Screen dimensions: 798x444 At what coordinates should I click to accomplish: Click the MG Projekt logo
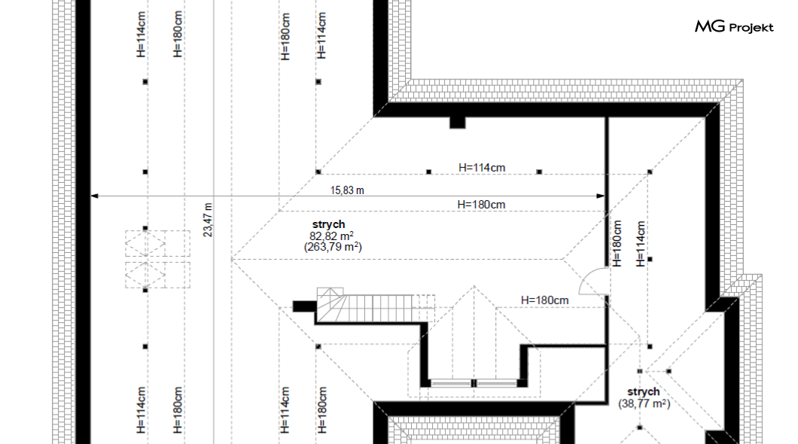pos(734,26)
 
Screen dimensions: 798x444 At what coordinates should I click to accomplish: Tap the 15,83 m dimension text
pos(347,190)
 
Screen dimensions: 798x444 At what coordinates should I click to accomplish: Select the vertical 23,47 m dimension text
pos(208,220)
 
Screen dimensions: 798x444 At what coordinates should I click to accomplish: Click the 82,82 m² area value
pos(331,236)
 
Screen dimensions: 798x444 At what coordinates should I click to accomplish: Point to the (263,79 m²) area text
pos(333,247)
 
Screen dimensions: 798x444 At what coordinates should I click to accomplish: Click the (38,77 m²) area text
pos(644,404)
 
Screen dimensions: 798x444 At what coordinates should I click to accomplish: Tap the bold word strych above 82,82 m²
pos(329,224)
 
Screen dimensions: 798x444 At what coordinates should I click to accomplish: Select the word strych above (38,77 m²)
pos(643,391)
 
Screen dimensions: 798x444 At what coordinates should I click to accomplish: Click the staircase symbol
pos(375,305)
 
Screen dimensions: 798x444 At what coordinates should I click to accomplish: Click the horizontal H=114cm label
pos(482,167)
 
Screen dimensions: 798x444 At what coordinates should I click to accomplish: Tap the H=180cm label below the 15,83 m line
pos(481,205)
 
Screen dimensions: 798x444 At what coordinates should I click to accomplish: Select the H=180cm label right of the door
pos(544,300)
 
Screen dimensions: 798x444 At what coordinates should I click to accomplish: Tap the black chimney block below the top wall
pos(458,123)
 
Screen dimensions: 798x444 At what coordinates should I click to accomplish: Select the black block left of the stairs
pos(304,306)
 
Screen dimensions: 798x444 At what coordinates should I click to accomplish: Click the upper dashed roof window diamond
pos(145,245)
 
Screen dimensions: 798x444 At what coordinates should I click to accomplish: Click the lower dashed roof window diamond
pos(145,275)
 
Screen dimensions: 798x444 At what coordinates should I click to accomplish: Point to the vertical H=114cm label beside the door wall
pos(640,244)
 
